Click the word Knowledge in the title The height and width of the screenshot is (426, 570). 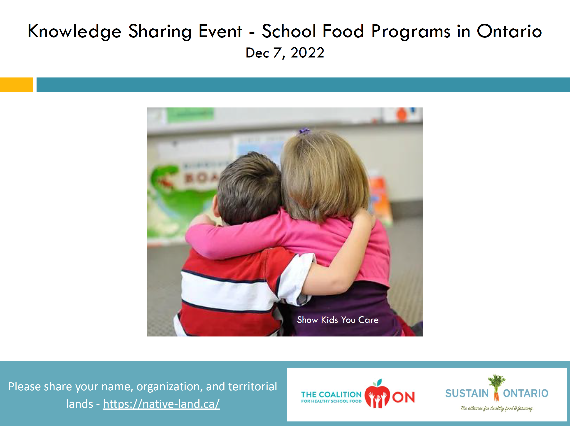coord(74,31)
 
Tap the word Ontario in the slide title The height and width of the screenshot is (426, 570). coord(509,31)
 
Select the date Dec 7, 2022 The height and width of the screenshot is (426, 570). coord(285,53)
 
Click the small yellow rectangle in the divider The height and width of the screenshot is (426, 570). coord(17,85)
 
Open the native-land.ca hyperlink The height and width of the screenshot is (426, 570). coord(161,404)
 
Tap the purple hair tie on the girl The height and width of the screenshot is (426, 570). coord(304,131)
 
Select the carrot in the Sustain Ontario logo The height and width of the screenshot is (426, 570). coord(496,393)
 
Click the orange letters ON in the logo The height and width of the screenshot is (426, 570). coord(403,397)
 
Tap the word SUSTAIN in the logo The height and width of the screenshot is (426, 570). coord(467,394)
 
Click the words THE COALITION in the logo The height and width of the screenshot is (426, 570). coord(331,395)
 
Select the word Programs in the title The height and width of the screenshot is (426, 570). coord(411,31)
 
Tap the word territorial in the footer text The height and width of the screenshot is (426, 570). coord(252,386)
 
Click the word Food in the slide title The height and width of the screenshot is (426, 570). coord(343,31)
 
